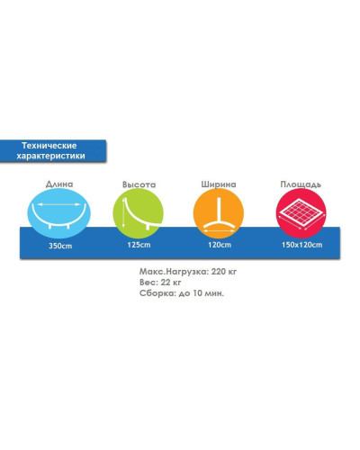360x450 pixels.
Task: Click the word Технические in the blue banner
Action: point(49,146)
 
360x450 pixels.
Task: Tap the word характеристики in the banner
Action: point(50,156)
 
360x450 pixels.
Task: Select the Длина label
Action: point(59,184)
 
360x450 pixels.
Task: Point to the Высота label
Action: point(139,184)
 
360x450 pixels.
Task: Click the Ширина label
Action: point(219,184)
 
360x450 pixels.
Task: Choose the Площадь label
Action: point(301,184)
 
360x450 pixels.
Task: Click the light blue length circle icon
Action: point(58,213)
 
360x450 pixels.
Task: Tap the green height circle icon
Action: point(139,213)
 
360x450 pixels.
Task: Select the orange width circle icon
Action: point(219,213)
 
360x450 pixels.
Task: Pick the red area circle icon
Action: point(301,213)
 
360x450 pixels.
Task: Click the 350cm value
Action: point(60,246)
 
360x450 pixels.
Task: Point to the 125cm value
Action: point(139,245)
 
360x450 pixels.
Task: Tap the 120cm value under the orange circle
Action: point(220,245)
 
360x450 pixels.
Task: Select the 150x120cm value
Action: point(301,245)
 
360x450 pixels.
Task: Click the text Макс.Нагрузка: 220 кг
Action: point(188,272)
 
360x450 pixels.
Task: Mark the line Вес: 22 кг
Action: point(160,283)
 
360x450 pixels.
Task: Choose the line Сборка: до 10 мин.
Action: point(182,293)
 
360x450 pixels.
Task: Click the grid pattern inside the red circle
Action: point(301,211)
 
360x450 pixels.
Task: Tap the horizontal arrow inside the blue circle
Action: point(58,204)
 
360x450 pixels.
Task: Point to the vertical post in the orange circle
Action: point(219,210)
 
